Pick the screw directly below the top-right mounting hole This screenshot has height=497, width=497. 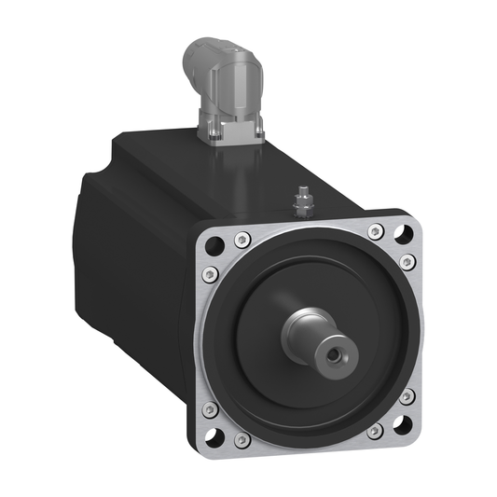407,262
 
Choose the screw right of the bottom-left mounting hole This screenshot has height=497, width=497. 242,438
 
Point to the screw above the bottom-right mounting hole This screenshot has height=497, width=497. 407,396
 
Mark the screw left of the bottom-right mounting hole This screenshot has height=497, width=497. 374,432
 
